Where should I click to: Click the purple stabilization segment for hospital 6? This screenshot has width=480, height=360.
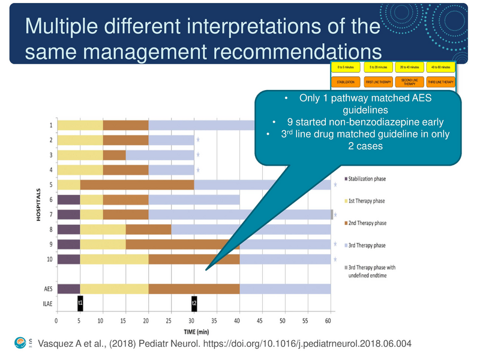[x=68, y=200]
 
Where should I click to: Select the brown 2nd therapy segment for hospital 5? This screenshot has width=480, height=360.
[x=137, y=185]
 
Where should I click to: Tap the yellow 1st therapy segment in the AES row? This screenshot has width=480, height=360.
[x=114, y=289]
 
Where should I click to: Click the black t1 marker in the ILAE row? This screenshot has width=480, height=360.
[x=80, y=304]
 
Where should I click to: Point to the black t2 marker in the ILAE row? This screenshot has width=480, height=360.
[x=194, y=304]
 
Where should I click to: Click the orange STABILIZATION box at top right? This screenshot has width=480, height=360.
[x=346, y=82]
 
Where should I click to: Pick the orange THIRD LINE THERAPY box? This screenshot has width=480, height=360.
[x=441, y=82]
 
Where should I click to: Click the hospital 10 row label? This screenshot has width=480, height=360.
[x=49, y=259]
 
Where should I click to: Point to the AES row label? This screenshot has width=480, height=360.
[x=48, y=289]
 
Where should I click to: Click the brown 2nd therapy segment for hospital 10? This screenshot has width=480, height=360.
[x=194, y=259]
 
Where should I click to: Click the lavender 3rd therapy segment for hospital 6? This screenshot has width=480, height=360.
[x=194, y=200]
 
